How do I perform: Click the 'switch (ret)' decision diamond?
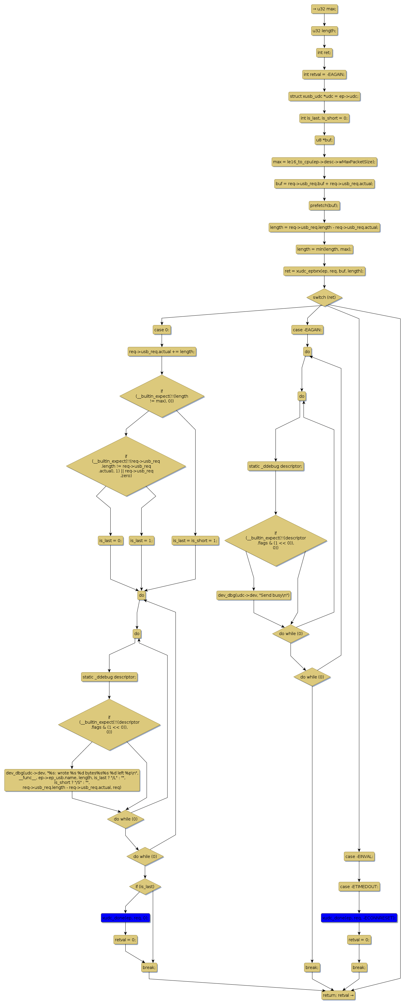[324, 297]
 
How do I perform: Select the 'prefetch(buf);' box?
[324, 205]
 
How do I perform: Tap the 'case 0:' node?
[162, 330]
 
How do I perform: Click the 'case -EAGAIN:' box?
[307, 330]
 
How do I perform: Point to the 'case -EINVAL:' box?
[359, 856]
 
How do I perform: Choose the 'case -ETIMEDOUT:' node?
[359, 886]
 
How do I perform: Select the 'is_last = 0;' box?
[110, 540]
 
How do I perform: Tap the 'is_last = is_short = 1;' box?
[195, 540]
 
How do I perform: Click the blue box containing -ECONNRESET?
[359, 918]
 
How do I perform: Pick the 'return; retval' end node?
[338, 995]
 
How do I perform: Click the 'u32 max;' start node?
[324, 9]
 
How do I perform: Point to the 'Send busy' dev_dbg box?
[254, 595]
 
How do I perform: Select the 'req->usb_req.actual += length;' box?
[162, 352]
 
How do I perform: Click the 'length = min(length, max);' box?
[324, 249]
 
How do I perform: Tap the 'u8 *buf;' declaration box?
[324, 140]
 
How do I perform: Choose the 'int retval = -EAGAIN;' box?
[324, 74]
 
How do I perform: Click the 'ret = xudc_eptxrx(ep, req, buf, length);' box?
[324, 271]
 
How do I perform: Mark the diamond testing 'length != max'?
[162, 396]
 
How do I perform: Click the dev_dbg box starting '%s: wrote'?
[72, 780]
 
